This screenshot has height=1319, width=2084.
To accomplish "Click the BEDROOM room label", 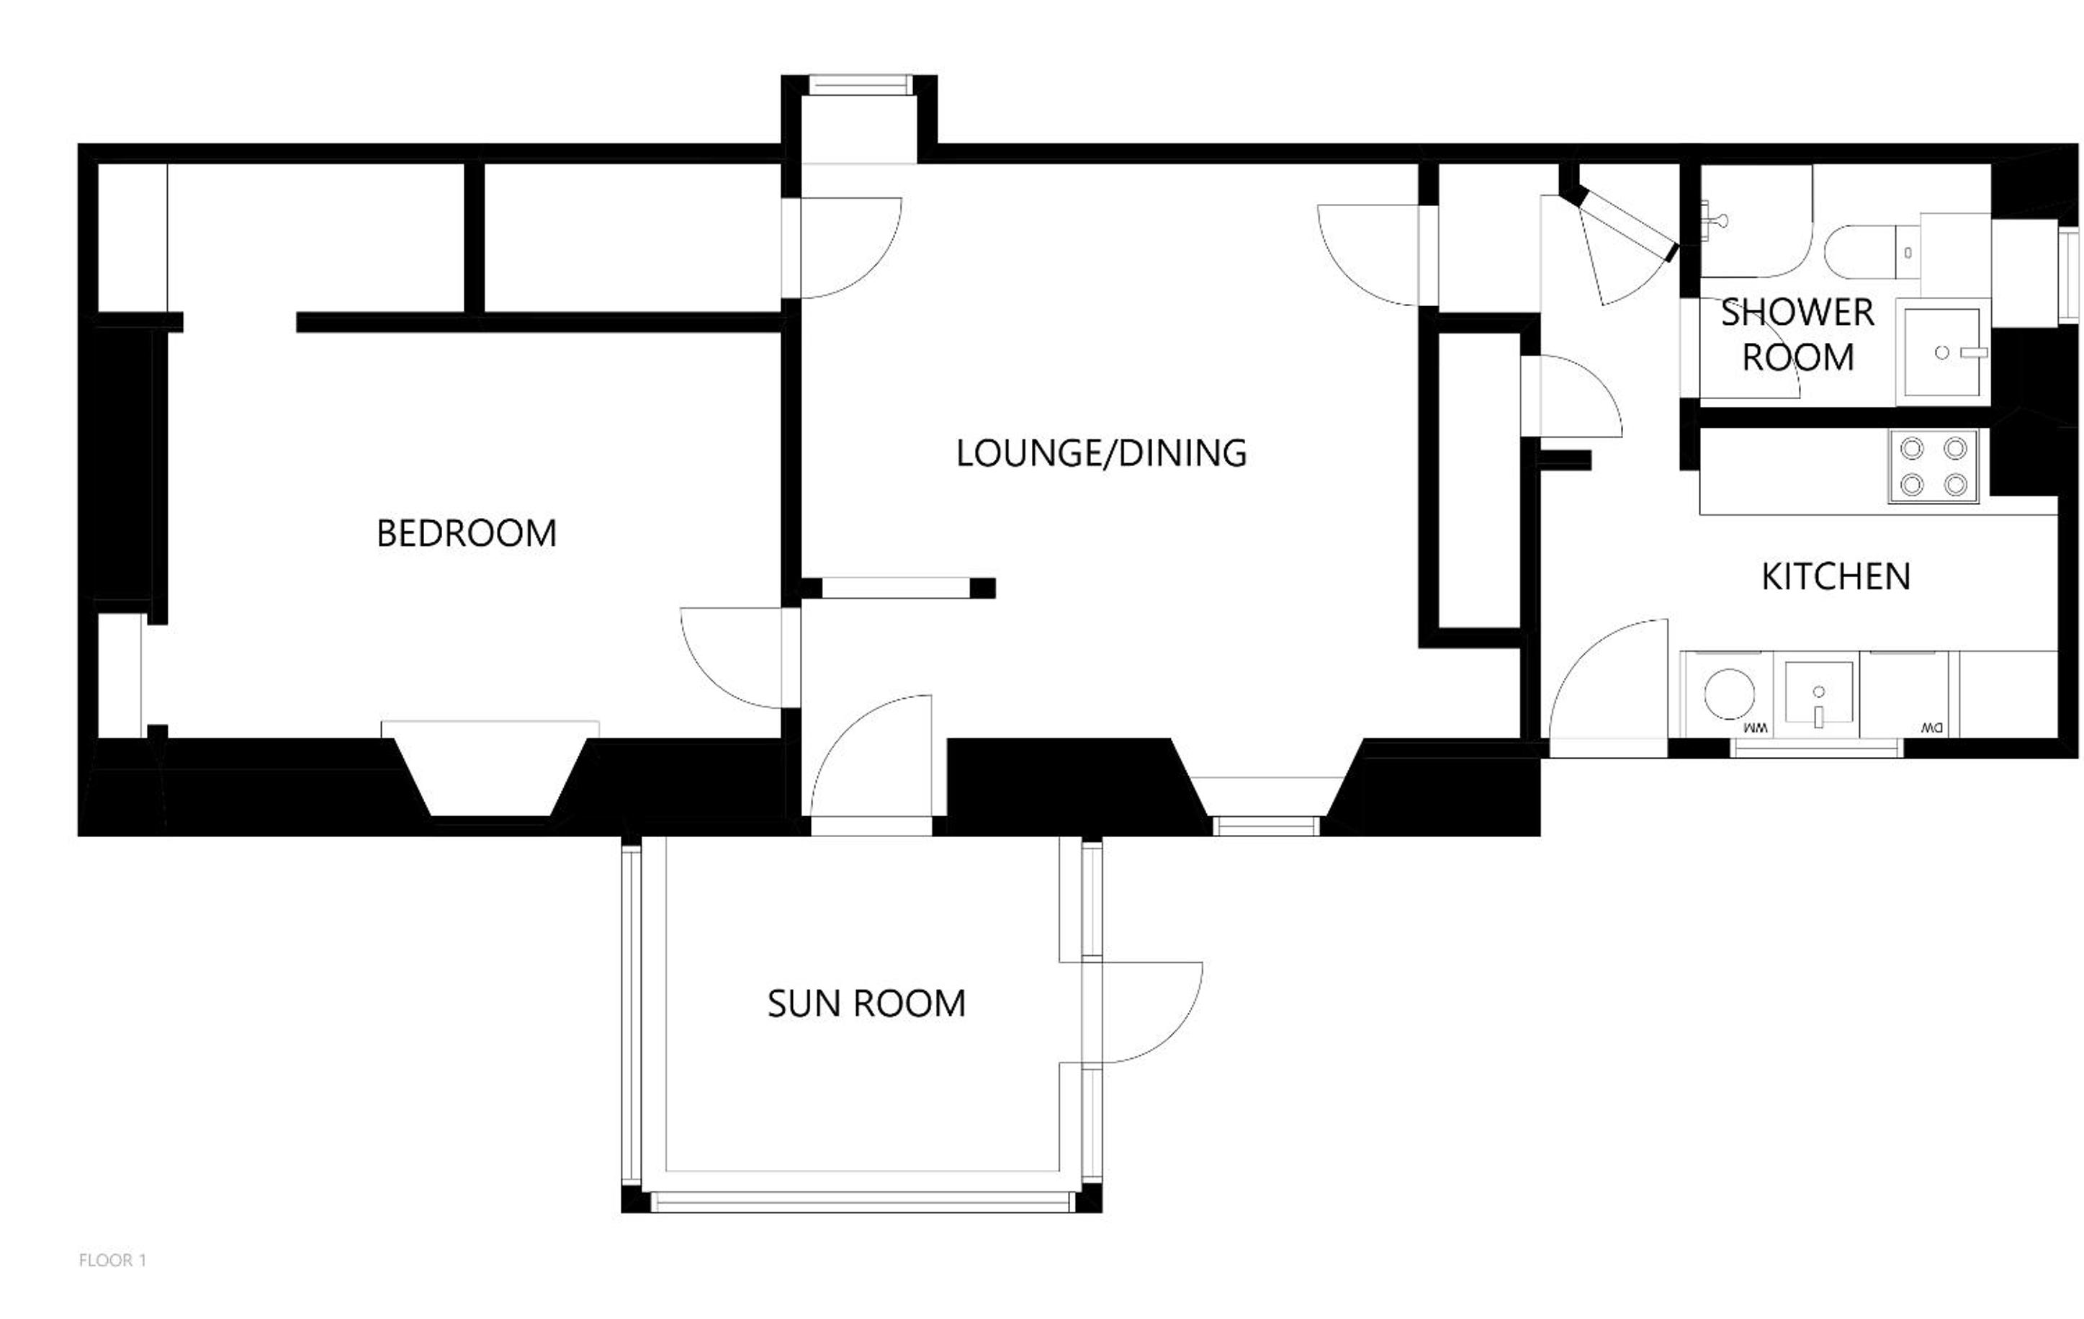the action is (467, 533).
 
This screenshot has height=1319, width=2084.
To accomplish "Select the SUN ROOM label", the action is (866, 1003).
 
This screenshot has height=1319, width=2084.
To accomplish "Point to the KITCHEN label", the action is (1836, 576).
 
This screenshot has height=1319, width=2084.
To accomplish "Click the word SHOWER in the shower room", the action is (1797, 313).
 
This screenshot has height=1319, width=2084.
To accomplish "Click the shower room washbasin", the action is (1943, 352).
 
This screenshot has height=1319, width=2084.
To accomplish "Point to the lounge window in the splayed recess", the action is (1266, 826).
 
